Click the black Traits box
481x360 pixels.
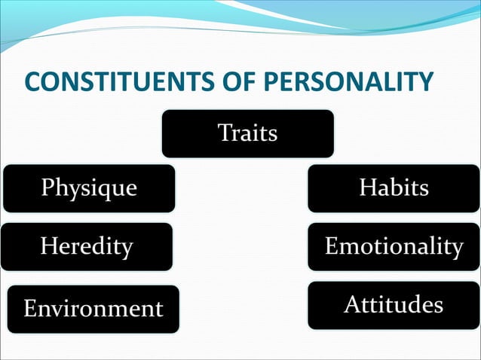247,133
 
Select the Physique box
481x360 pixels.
89,188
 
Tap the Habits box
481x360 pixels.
394,188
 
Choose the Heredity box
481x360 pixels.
87,246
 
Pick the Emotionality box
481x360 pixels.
394,246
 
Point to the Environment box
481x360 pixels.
93,308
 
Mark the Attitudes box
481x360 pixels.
394,305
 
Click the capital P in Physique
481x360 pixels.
47,187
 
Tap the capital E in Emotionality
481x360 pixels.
331,246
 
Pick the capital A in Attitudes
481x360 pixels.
352,305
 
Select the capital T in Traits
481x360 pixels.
225,133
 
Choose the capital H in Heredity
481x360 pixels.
49,246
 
